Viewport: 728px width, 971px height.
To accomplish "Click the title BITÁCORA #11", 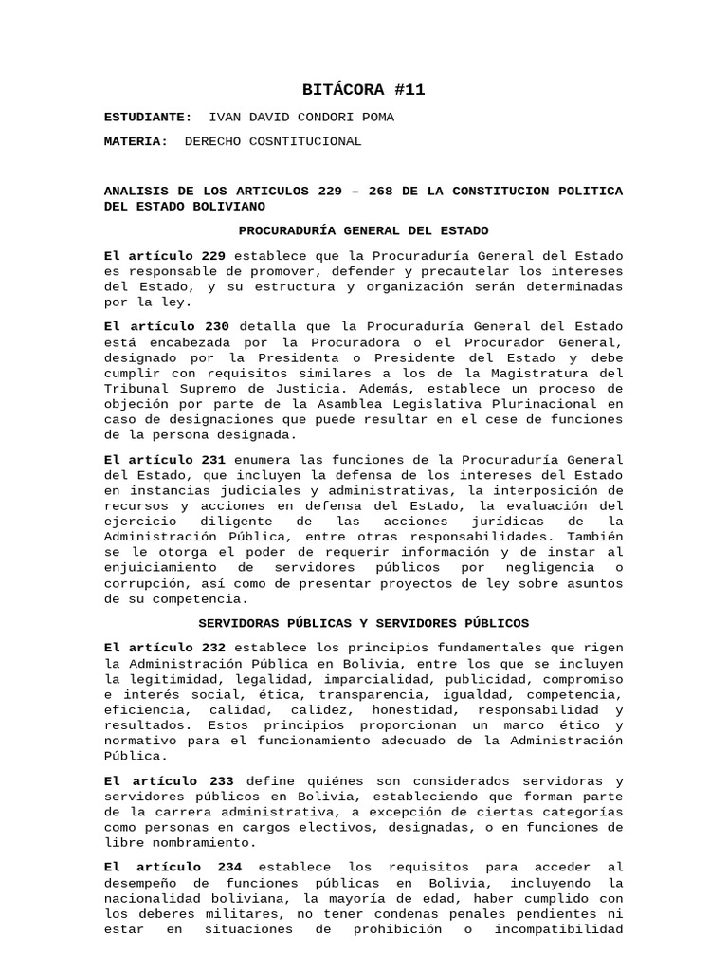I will (x=364, y=90).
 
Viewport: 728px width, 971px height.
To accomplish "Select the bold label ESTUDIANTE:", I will (x=147, y=117).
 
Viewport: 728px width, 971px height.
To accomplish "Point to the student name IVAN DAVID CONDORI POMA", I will (x=300, y=117).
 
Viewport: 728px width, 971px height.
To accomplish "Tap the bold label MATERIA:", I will (x=136, y=141).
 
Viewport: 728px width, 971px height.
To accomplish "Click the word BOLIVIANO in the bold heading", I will (x=231, y=206).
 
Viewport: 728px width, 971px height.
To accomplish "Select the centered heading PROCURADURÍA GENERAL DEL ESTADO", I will (x=364, y=230).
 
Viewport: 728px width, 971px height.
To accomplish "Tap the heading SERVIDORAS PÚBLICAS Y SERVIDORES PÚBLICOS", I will (x=364, y=623).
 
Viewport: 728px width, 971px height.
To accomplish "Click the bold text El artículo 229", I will (x=165, y=256).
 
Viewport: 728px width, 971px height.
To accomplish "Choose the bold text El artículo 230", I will (x=165, y=327).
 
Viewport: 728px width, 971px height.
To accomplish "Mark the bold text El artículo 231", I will (x=165, y=460).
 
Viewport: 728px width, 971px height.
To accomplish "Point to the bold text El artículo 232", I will (x=165, y=648).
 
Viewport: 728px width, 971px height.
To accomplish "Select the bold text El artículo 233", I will (x=170, y=780).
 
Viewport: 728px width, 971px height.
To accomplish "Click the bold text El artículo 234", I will (x=173, y=867).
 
